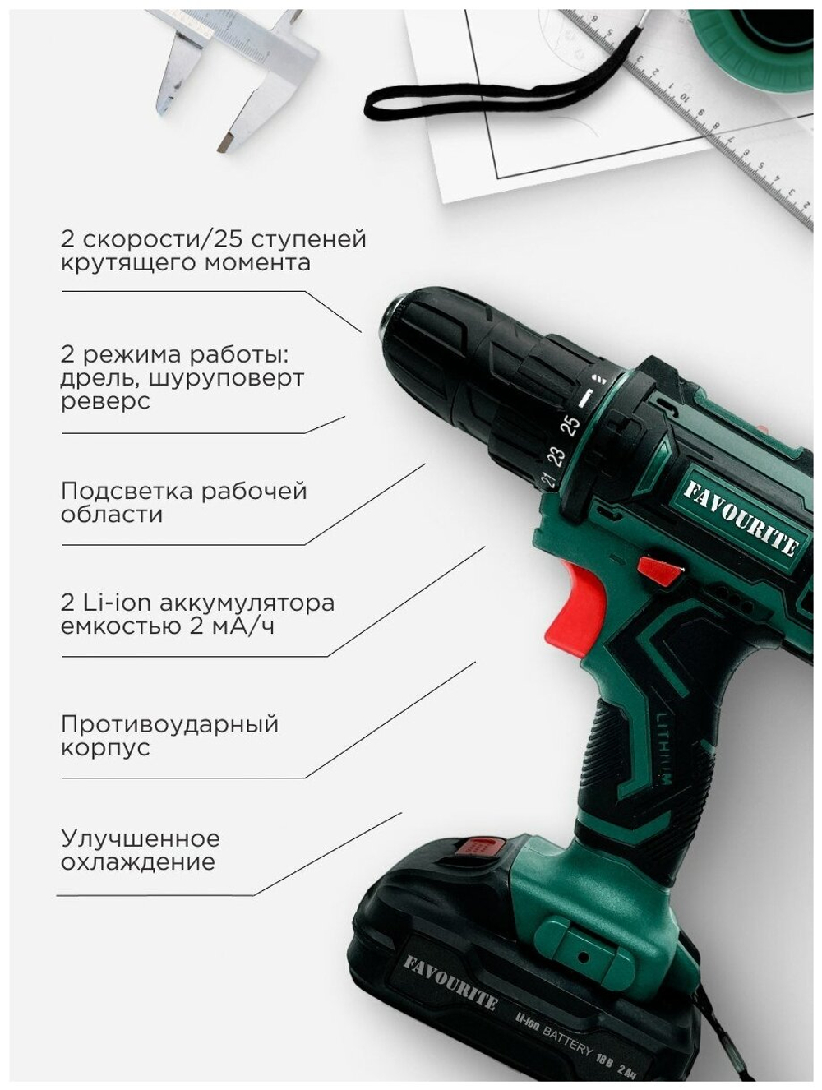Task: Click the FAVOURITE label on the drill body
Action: [741, 518]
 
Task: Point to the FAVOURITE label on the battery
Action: [450, 980]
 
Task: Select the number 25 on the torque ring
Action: [570, 425]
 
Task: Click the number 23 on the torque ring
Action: [556, 455]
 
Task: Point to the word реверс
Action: [105, 402]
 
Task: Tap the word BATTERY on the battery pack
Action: [567, 1038]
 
